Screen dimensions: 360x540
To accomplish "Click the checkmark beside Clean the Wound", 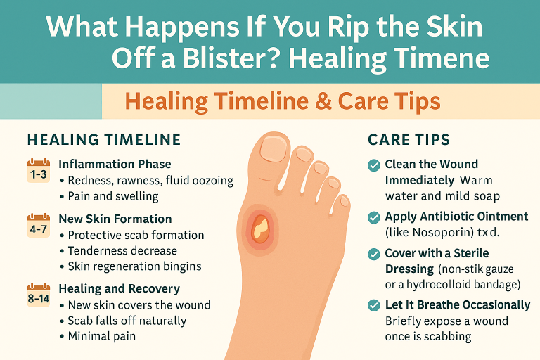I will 375,165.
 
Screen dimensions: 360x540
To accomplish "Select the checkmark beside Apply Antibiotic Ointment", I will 375,217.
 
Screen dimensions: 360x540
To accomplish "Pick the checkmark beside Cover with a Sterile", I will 375,253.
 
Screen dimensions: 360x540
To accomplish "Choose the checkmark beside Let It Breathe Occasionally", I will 375,305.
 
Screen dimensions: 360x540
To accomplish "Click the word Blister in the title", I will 223,58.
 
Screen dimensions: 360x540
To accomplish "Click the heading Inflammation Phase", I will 115,164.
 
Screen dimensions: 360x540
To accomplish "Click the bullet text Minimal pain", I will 101,335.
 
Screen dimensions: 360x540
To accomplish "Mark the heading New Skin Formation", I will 115,219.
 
